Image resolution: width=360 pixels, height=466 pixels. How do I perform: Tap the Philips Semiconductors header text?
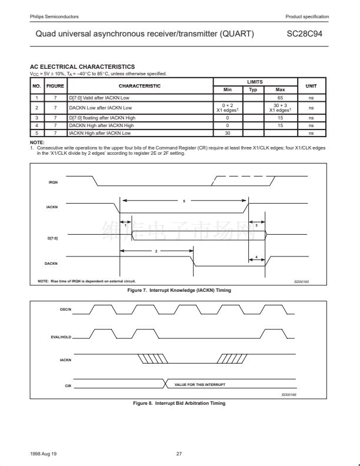tap(54, 16)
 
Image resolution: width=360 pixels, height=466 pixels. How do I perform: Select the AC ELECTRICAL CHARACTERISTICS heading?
tap(82, 67)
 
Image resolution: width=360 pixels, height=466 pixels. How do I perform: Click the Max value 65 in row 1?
tap(280, 97)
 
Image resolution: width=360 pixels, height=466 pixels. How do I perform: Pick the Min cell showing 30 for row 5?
tap(227, 134)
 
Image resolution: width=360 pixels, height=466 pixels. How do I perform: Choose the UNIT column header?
tap(311, 86)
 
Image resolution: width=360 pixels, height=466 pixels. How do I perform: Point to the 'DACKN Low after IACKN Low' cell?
tap(100, 108)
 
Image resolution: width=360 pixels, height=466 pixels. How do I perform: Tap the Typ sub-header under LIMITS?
tap(254, 89)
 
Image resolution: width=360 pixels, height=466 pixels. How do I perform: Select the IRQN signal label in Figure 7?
tap(53, 182)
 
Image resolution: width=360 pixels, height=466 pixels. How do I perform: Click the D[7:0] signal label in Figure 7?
tap(52, 238)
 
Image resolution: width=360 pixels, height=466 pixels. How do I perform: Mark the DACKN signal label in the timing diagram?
tap(52, 263)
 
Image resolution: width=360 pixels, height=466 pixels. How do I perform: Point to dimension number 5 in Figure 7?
tap(184, 201)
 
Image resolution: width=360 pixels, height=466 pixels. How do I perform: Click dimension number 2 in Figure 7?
tap(156, 251)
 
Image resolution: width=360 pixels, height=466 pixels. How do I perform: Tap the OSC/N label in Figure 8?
tap(66, 310)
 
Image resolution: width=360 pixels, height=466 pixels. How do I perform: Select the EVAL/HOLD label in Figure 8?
tap(62, 337)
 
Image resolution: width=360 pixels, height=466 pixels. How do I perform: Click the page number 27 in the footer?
tap(179, 454)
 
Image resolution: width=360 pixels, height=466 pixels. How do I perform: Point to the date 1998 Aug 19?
tap(44, 454)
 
